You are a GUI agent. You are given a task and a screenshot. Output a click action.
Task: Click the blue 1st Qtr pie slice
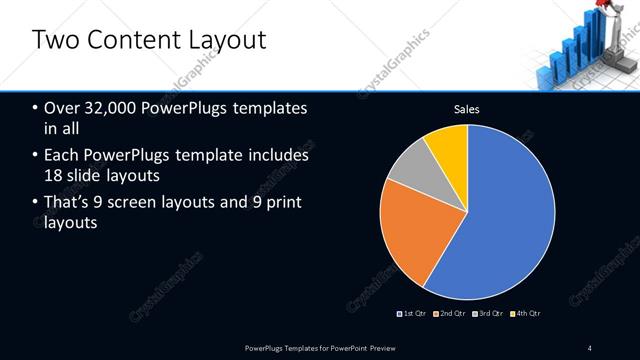tap(500, 215)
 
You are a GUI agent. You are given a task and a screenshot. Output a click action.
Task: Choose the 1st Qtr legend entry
tap(415, 314)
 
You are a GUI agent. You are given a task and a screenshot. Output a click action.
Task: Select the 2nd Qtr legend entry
tap(453, 314)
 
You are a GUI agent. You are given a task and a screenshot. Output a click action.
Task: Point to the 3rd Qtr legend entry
tap(490, 314)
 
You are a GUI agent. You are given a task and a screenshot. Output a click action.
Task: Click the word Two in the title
tap(54, 40)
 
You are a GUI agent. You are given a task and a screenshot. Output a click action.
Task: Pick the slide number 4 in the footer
tap(590, 347)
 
